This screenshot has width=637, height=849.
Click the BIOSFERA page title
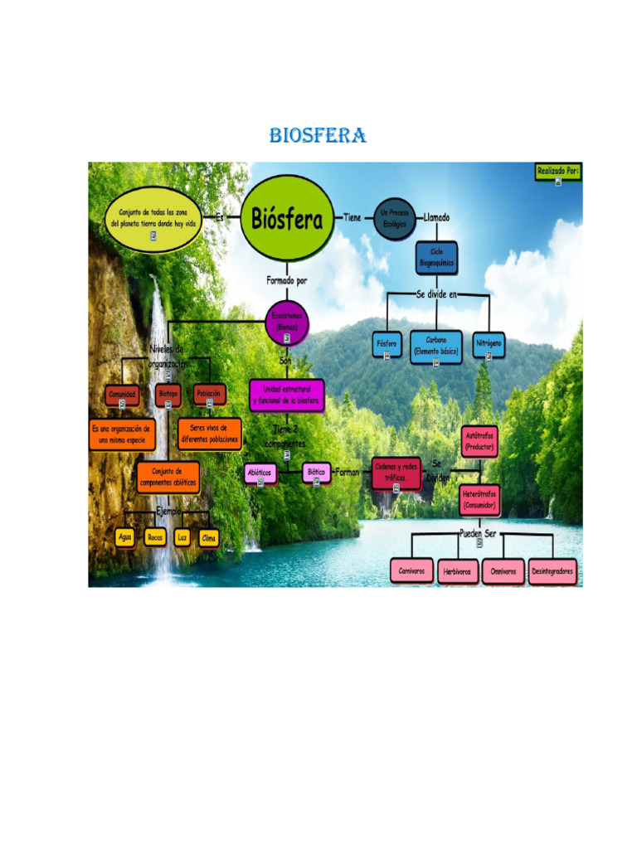tap(318, 136)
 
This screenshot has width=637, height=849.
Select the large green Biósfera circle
tap(287, 219)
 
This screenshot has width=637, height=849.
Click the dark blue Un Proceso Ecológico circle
tap(395, 218)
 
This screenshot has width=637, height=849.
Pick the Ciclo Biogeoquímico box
tap(436, 258)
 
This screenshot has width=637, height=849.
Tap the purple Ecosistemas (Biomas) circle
tap(287, 323)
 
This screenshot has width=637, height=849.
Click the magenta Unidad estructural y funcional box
tap(287, 395)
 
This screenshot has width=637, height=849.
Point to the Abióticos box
tap(260, 473)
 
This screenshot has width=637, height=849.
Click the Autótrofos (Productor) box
tap(479, 440)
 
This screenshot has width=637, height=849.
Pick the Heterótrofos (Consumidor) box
tap(479, 499)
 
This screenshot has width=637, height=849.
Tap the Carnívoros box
tap(411, 570)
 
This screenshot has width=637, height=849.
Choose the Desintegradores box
tap(553, 570)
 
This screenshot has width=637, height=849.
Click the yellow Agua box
tap(125, 537)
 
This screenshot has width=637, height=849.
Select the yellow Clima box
tap(209, 537)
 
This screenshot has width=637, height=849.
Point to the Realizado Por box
tap(557, 172)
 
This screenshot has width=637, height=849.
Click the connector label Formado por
tap(287, 280)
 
